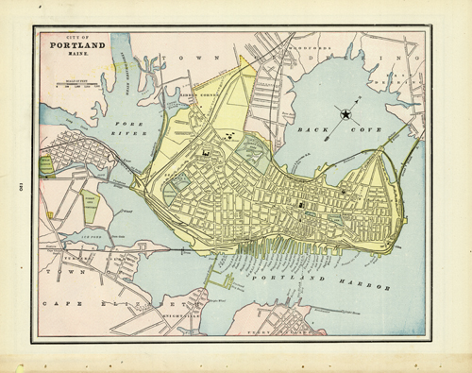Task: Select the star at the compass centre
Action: [x=346, y=114]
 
